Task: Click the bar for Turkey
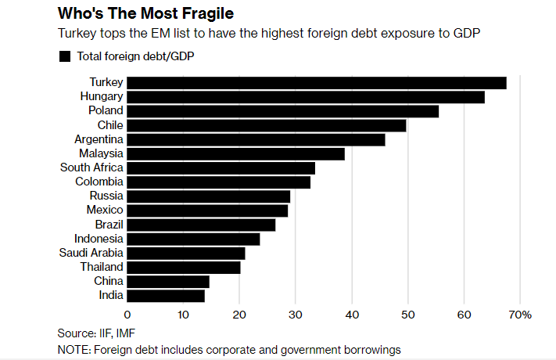(x=316, y=83)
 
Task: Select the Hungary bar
(x=305, y=97)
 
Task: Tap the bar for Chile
(x=266, y=125)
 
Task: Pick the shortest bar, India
(x=165, y=296)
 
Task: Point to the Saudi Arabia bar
(x=185, y=254)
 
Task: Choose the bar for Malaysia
(x=235, y=154)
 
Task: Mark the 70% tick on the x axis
(x=520, y=315)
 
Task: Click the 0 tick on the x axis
(x=127, y=315)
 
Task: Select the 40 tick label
(x=351, y=315)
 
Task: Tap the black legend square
(x=65, y=56)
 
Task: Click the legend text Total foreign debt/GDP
(x=134, y=56)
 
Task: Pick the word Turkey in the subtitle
(x=76, y=34)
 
